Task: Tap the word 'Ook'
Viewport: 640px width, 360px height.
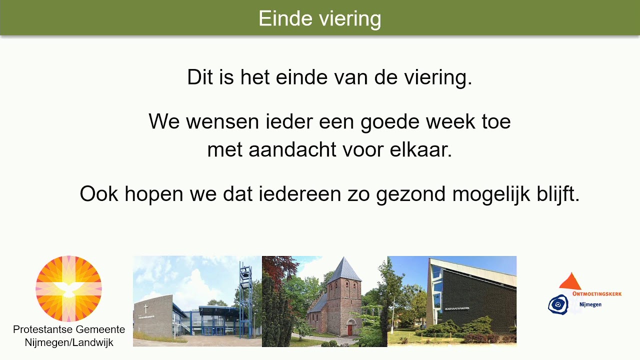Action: tap(99, 194)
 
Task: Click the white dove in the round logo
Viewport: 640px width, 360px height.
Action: tap(68, 289)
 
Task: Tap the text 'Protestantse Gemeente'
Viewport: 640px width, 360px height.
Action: tap(69, 330)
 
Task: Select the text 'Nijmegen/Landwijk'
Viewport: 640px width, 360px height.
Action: tap(69, 342)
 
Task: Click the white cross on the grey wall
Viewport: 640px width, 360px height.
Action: tap(146, 308)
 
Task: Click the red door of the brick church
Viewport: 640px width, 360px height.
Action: tap(349, 330)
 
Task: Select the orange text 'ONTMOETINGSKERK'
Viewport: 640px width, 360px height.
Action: tap(596, 294)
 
